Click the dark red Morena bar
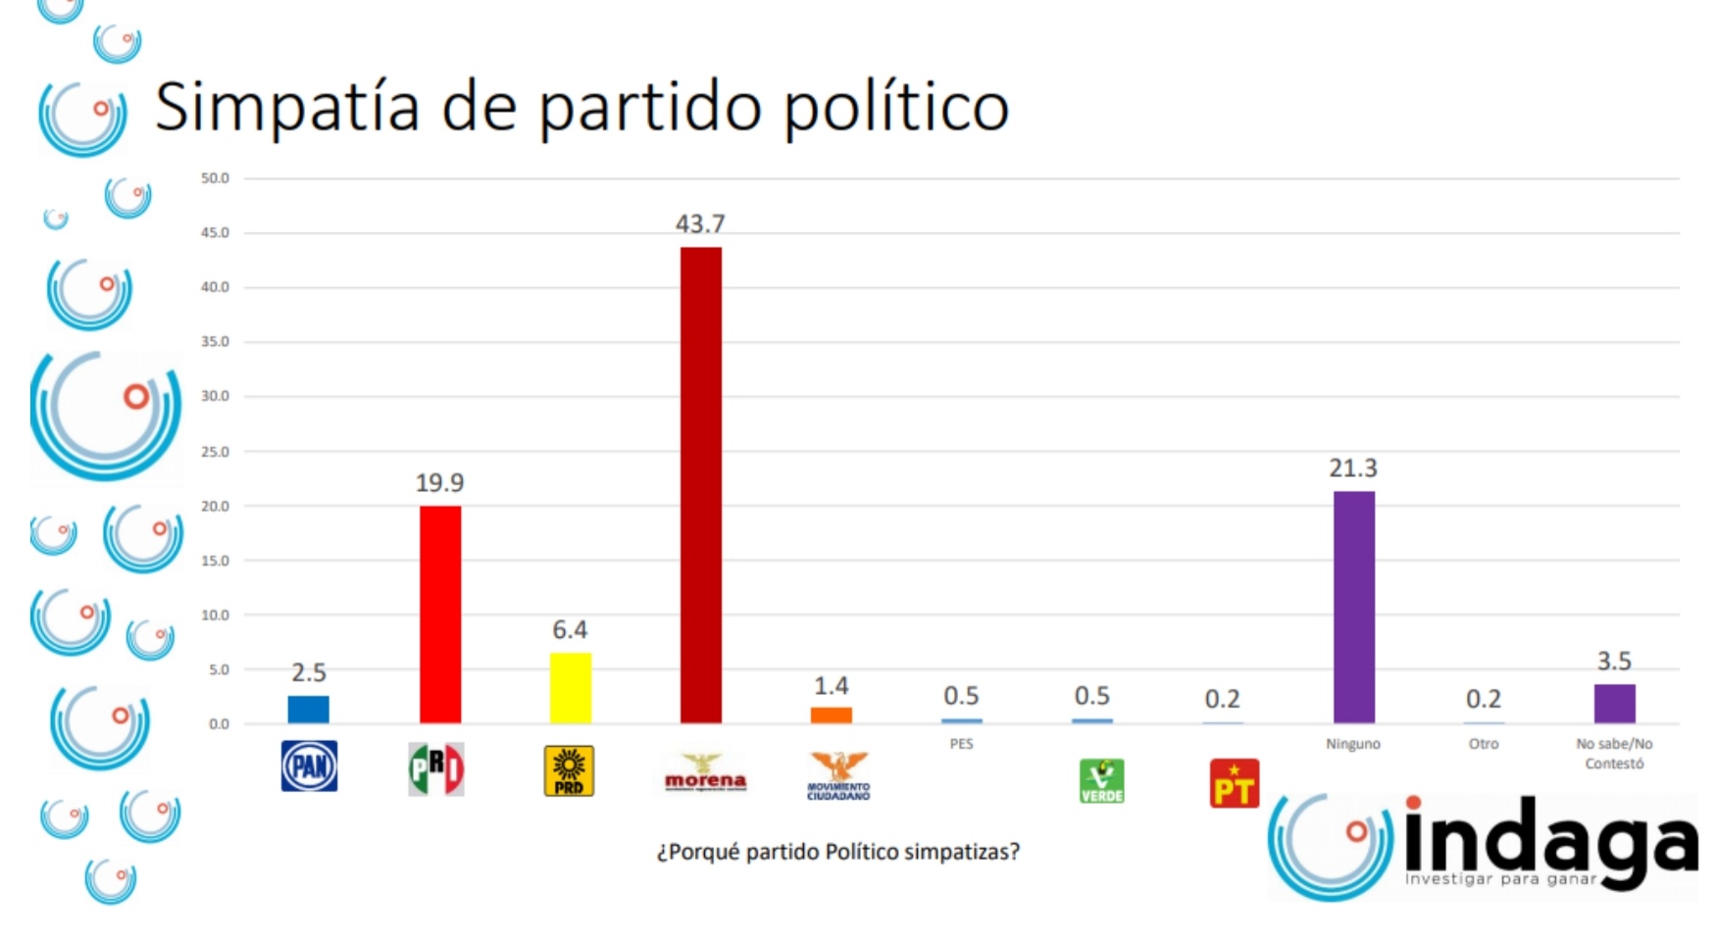tap(700, 485)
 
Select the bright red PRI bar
tap(439, 615)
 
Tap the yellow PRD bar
tap(570, 688)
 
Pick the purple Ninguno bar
tap(1353, 608)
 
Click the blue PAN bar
tap(308, 710)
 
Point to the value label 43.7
tap(700, 224)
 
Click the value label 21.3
tap(1353, 468)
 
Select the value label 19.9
tap(439, 483)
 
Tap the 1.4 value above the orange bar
tap(831, 686)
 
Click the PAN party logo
tap(309, 766)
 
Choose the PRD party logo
tap(569, 770)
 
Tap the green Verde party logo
tap(1101, 781)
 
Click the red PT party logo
tap(1234, 783)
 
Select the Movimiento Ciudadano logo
tap(838, 776)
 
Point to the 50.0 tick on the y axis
tap(215, 178)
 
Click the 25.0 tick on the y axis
tap(215, 452)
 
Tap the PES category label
tap(961, 744)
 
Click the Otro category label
tap(1483, 744)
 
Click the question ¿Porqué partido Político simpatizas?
tap(837, 852)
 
